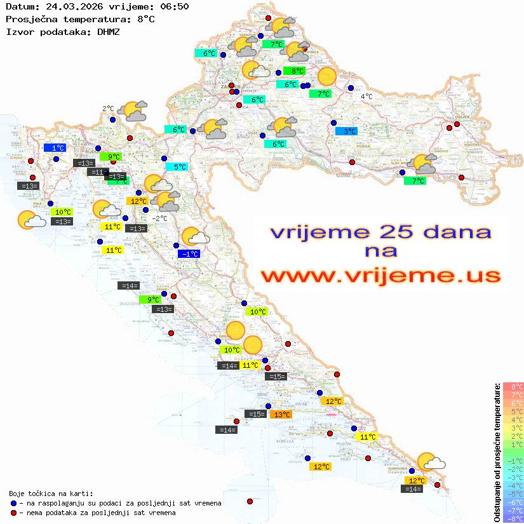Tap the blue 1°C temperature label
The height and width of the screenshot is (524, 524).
point(55,147)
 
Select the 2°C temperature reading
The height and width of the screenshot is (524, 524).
point(108,109)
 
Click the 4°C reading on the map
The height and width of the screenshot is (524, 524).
point(366,97)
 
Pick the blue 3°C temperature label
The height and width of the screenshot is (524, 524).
point(346,131)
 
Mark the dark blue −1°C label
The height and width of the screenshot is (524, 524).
point(189,254)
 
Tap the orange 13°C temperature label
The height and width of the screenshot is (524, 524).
point(280,415)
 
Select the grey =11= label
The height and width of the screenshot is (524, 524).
point(98,172)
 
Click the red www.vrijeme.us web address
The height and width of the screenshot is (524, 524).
point(381,276)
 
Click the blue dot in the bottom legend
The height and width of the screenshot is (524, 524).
point(13,503)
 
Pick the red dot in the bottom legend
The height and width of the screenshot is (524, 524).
point(13,513)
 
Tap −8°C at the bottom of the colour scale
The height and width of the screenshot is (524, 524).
point(513,518)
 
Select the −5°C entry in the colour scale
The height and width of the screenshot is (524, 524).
point(513,494)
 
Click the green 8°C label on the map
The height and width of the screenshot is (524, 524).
point(294,71)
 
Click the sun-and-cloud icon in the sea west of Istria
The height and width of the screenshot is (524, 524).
point(30,220)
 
